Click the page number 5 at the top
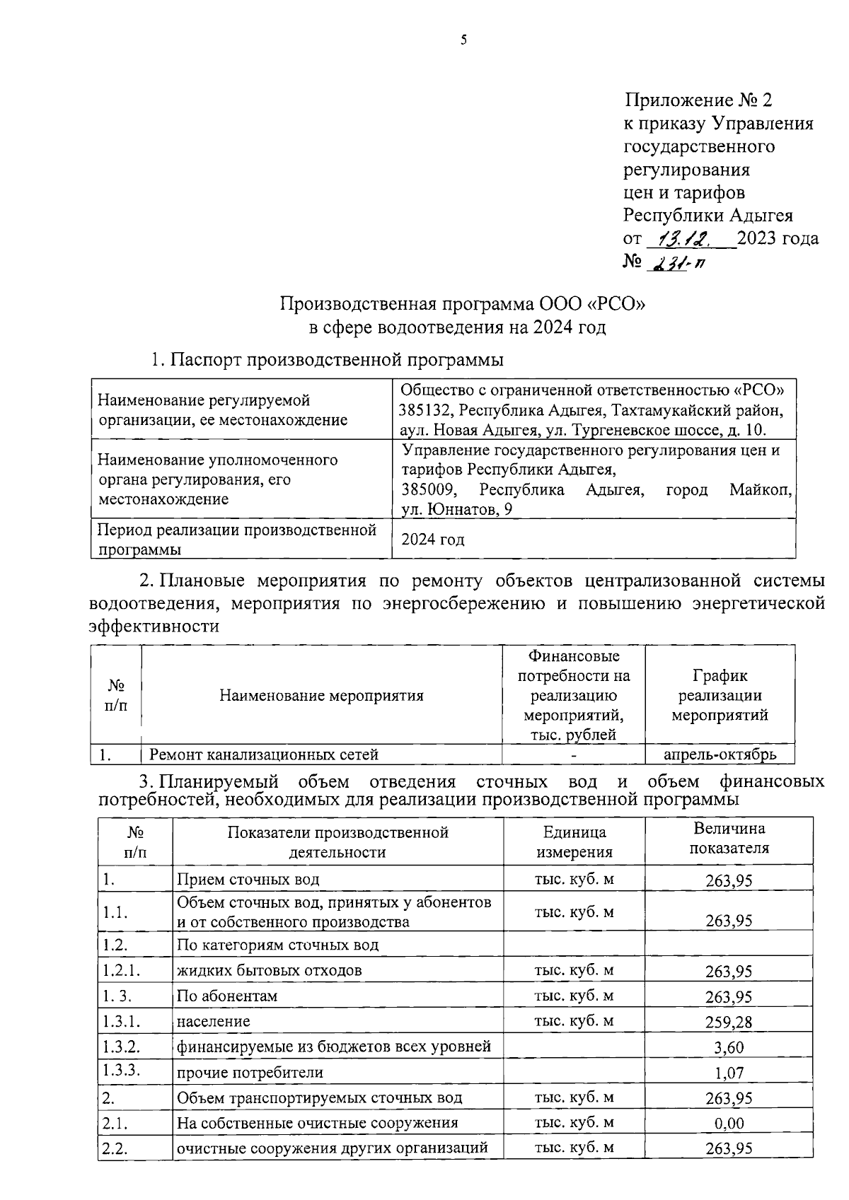click(463, 40)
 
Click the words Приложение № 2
click(698, 100)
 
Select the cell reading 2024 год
click(433, 540)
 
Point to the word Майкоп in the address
click(761, 490)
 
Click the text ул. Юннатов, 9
click(457, 509)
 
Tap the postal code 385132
click(425, 410)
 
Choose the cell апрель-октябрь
click(720, 755)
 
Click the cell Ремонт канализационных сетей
click(264, 755)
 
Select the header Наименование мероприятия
click(321, 696)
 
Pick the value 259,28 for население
click(729, 1023)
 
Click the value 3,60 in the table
click(729, 1048)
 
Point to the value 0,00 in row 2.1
click(729, 1124)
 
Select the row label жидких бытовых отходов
click(269, 971)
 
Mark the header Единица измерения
click(574, 842)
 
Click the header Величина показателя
click(729, 838)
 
